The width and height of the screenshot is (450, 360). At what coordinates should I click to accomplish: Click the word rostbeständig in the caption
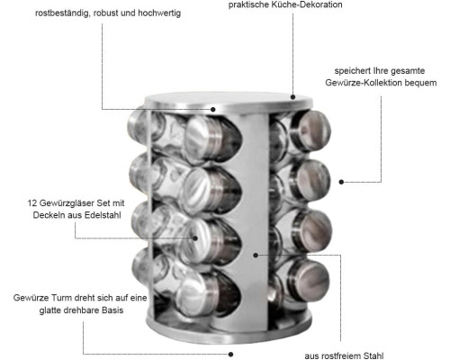pos(62,13)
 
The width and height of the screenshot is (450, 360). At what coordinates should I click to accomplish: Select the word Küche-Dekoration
pos(306,4)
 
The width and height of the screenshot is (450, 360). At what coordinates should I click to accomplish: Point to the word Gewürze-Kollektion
pos(364,83)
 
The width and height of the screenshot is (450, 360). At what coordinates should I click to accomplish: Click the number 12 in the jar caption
pos(32,203)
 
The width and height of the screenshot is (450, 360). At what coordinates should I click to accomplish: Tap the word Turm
pos(62,298)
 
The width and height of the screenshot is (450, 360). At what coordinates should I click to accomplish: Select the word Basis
pos(112,310)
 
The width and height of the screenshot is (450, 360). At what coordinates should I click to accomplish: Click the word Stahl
pos(373,356)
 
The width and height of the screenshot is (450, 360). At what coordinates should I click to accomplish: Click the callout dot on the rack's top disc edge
pos(292,97)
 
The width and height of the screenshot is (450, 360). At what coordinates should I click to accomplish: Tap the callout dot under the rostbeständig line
pos(213,110)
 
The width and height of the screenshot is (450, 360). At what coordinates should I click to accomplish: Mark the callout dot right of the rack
pos(341,182)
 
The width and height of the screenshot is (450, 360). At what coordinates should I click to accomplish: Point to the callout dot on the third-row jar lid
pos(195,238)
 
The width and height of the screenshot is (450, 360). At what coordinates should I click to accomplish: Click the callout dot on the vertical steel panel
pos(256,256)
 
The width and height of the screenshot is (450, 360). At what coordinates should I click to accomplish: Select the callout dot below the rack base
pos(230,355)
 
